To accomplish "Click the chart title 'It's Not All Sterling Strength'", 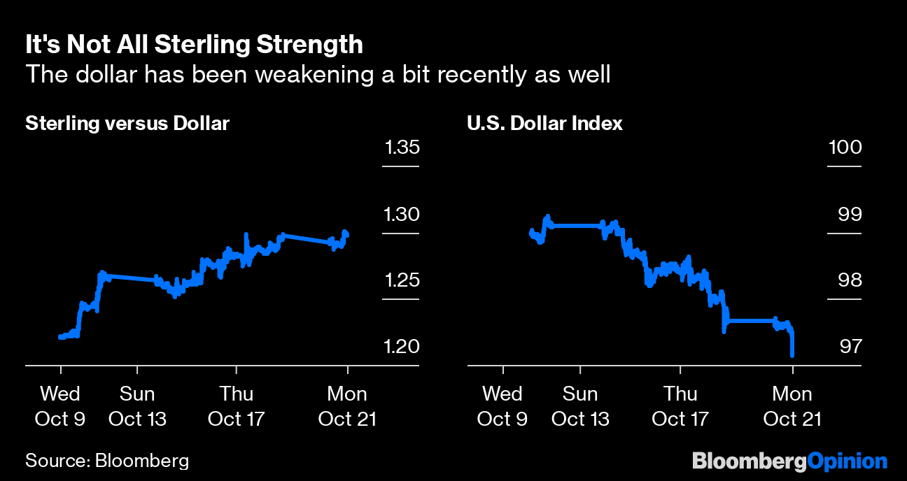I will [x=194, y=45].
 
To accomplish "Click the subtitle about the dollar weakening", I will [x=318, y=74].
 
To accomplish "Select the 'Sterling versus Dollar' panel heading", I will [x=127, y=124].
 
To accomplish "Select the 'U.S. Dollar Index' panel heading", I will [x=544, y=124].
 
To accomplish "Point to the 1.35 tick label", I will [x=400, y=148].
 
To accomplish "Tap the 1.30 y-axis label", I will [x=400, y=214].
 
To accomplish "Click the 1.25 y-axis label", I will [x=400, y=280].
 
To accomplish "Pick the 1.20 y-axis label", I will [x=400, y=347].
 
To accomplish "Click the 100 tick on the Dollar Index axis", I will [x=844, y=148].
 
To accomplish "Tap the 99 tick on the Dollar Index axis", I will [x=850, y=214].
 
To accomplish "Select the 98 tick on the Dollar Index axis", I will [x=850, y=280].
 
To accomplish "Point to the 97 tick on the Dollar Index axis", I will [x=850, y=347].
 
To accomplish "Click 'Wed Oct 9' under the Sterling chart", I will [x=60, y=406].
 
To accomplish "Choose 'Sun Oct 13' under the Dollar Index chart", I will [x=580, y=406].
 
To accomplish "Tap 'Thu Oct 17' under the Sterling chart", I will [x=237, y=406].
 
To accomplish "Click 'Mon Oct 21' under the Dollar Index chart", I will [x=792, y=406].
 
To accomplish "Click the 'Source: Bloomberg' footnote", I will [x=107, y=461].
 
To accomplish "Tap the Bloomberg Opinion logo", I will [x=789, y=461].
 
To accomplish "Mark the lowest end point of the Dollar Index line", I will [x=792, y=355].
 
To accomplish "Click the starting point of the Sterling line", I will [x=60, y=337].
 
